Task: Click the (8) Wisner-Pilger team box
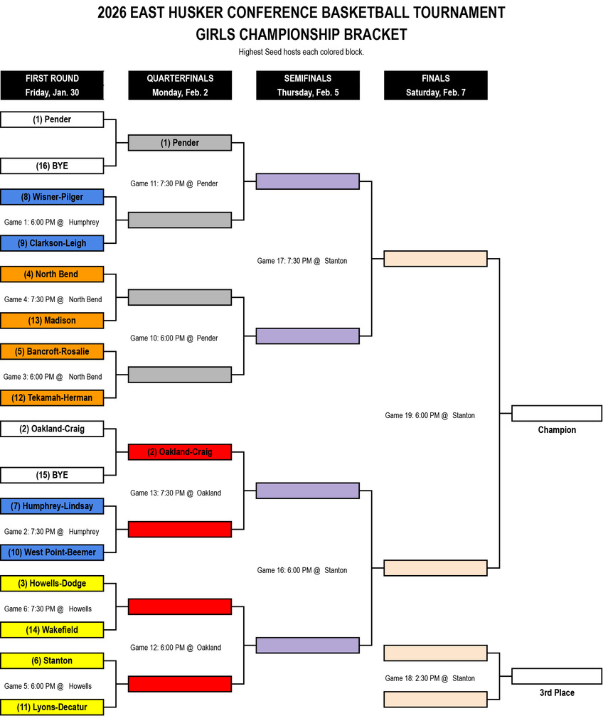52,197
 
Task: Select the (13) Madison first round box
52,321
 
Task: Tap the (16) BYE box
52,166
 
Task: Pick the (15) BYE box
52,475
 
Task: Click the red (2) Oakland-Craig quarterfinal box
180,451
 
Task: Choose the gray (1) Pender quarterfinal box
180,143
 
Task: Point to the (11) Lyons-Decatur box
52,707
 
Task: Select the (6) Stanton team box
52,660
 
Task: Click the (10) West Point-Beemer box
52,552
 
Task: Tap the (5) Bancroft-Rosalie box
52,351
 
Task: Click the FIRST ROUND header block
52,85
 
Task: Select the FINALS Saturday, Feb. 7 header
435,85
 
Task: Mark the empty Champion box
557,413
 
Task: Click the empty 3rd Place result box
557,676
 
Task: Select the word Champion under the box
557,430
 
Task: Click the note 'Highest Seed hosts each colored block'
301,52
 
